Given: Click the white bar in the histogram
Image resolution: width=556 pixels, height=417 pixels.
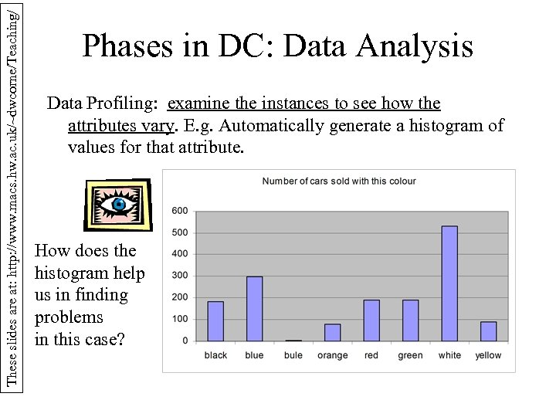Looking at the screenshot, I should pos(449,283).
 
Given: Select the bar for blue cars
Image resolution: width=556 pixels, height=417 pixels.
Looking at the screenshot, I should pos(254,309).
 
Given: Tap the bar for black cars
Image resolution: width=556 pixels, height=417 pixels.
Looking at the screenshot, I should pos(215,321).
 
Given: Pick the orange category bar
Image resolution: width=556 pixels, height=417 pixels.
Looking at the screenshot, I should pos(332,333).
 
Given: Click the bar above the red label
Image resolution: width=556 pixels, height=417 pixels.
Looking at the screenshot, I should pos(371,320).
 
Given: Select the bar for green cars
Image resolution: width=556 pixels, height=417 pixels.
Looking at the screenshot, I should pos(410,320).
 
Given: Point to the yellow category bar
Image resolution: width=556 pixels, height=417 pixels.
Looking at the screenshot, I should pos(488,331).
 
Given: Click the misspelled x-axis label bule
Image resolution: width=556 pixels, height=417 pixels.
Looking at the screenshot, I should pos(293,355).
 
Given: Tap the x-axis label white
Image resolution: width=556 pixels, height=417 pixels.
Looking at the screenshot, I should pos(449,355).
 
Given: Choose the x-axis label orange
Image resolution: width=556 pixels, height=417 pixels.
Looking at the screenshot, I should pos(332,355).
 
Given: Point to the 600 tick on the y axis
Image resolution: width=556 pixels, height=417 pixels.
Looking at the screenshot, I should pos(179,211).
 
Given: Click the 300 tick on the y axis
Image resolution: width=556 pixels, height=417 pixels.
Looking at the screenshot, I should pos(179,276).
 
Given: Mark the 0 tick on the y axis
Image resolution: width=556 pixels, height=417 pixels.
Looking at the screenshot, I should pos(185,341).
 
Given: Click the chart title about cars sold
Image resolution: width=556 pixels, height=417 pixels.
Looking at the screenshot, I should pos(339,181).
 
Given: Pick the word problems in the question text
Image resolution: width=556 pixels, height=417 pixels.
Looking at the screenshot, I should pos(69,317).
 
